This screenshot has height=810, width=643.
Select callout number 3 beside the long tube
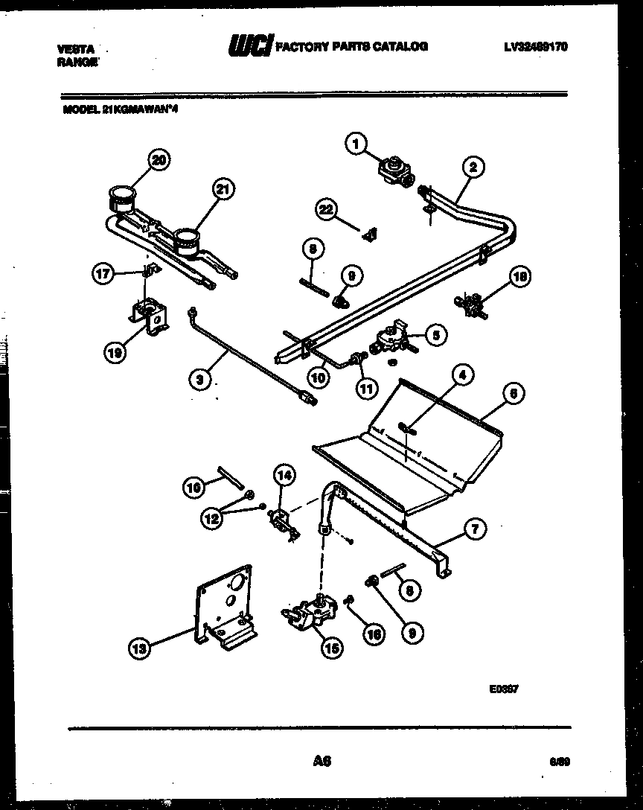coord(197,379)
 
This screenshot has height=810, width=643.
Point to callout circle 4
coord(461,376)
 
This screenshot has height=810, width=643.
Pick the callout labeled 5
coord(435,335)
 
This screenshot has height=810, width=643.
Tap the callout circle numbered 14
coord(284,473)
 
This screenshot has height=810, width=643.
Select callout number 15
coord(331,648)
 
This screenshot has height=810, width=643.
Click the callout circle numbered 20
coord(159,159)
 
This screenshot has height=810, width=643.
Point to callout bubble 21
coord(221,189)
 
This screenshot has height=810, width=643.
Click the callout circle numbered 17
coord(103,274)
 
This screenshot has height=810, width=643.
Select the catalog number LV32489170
coord(536,46)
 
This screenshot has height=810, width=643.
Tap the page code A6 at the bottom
coord(321,761)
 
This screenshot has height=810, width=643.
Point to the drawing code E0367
coord(503,689)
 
